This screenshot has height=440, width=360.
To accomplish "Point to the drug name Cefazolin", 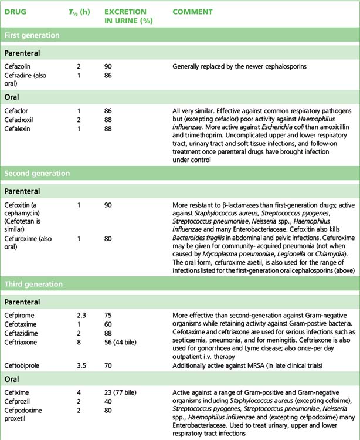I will (18, 67).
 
